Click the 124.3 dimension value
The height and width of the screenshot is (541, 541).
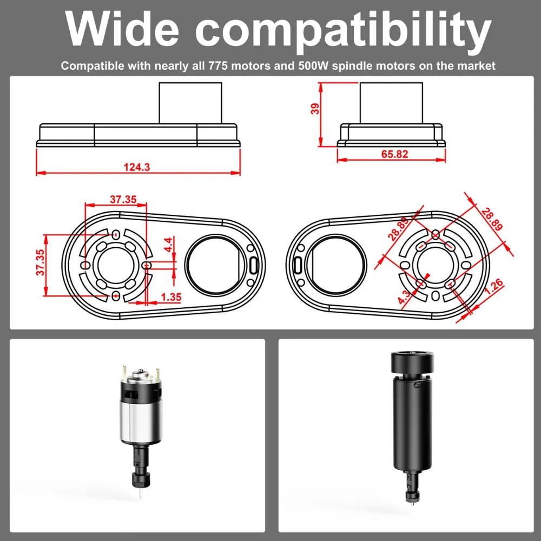click(x=137, y=167)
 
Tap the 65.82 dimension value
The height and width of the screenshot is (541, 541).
click(x=395, y=154)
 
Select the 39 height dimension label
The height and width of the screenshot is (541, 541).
click(x=315, y=109)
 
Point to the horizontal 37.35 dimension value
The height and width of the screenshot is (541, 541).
click(x=123, y=200)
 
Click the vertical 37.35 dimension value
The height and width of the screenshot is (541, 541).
click(x=41, y=262)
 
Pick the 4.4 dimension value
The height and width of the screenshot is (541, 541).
click(x=168, y=245)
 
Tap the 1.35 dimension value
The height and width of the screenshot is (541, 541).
click(x=171, y=297)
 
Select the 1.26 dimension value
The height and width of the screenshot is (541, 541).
click(x=494, y=287)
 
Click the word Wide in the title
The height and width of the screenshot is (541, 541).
click(x=122, y=29)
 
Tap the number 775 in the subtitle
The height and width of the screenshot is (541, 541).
click(x=218, y=65)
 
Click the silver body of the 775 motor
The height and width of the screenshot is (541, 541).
click(x=141, y=422)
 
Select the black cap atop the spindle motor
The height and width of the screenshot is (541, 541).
click(x=412, y=362)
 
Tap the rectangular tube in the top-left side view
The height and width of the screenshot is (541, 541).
click(x=190, y=103)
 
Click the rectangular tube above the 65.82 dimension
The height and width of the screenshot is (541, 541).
click(x=391, y=103)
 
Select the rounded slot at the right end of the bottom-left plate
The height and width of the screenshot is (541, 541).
click(x=254, y=265)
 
